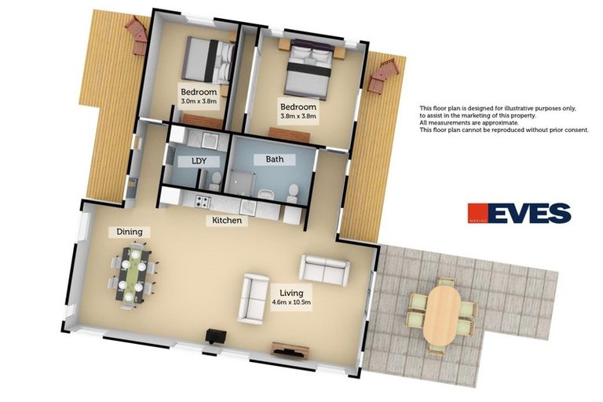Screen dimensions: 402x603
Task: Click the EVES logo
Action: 520,214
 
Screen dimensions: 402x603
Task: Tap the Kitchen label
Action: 226,221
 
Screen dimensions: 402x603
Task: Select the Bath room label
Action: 274,159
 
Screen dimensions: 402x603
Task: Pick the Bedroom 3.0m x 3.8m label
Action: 198,97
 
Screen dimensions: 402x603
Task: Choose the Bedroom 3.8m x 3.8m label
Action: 298,111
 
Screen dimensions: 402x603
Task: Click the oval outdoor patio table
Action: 442,313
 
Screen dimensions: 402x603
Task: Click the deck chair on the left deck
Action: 138,35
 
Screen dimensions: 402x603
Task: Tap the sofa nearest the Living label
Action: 254,298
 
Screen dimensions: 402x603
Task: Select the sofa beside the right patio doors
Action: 323,269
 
